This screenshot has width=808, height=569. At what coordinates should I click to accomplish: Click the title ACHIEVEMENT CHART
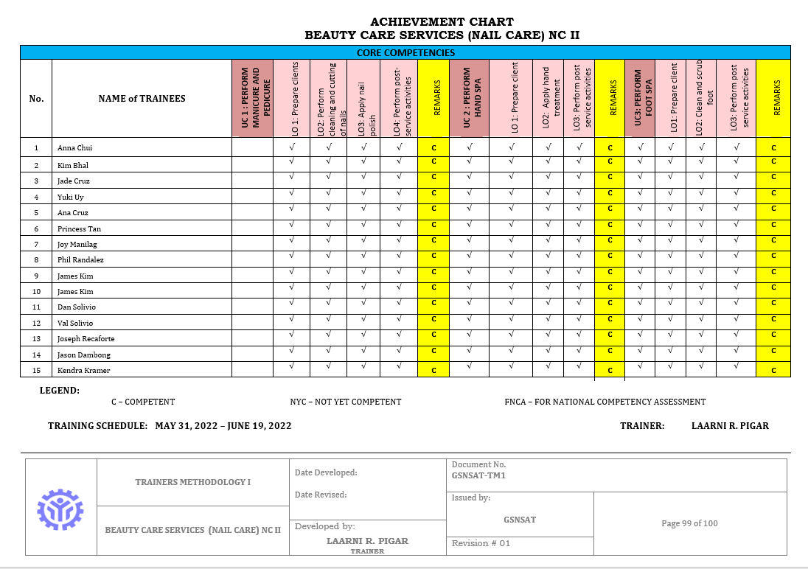pyautogui.click(x=442, y=22)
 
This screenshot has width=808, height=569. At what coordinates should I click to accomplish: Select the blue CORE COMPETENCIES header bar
pyautogui.click(x=405, y=52)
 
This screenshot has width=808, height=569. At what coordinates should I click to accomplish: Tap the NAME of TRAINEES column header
pyautogui.click(x=142, y=99)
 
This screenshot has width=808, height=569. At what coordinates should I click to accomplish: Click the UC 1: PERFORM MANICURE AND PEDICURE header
pyautogui.click(x=251, y=98)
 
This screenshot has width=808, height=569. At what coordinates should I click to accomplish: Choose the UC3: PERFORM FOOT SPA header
pyautogui.click(x=639, y=98)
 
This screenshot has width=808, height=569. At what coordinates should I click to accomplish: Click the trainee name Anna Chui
pyautogui.click(x=74, y=148)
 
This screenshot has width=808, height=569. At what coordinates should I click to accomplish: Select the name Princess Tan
pyautogui.click(x=79, y=228)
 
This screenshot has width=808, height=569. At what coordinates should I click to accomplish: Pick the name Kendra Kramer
pyautogui.click(x=83, y=370)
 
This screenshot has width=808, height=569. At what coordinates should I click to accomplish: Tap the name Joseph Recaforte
pyautogui.click(x=86, y=338)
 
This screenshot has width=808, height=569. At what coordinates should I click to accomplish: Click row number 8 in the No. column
pyautogui.click(x=36, y=260)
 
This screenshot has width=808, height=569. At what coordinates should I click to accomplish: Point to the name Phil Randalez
pyautogui.click(x=80, y=260)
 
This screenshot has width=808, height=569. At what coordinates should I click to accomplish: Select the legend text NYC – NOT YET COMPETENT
pyautogui.click(x=346, y=402)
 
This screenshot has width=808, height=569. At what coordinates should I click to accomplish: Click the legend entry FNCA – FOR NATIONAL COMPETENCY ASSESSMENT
pyautogui.click(x=605, y=402)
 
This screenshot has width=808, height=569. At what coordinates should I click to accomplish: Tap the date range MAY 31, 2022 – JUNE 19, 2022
pyautogui.click(x=223, y=426)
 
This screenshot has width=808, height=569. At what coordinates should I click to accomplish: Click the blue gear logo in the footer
pyautogui.click(x=60, y=507)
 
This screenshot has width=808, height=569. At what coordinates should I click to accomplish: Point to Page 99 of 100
pyautogui.click(x=689, y=523)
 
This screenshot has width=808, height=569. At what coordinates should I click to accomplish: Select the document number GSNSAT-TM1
pyautogui.click(x=478, y=475)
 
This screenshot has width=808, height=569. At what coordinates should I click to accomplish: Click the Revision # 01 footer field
pyautogui.click(x=481, y=543)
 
